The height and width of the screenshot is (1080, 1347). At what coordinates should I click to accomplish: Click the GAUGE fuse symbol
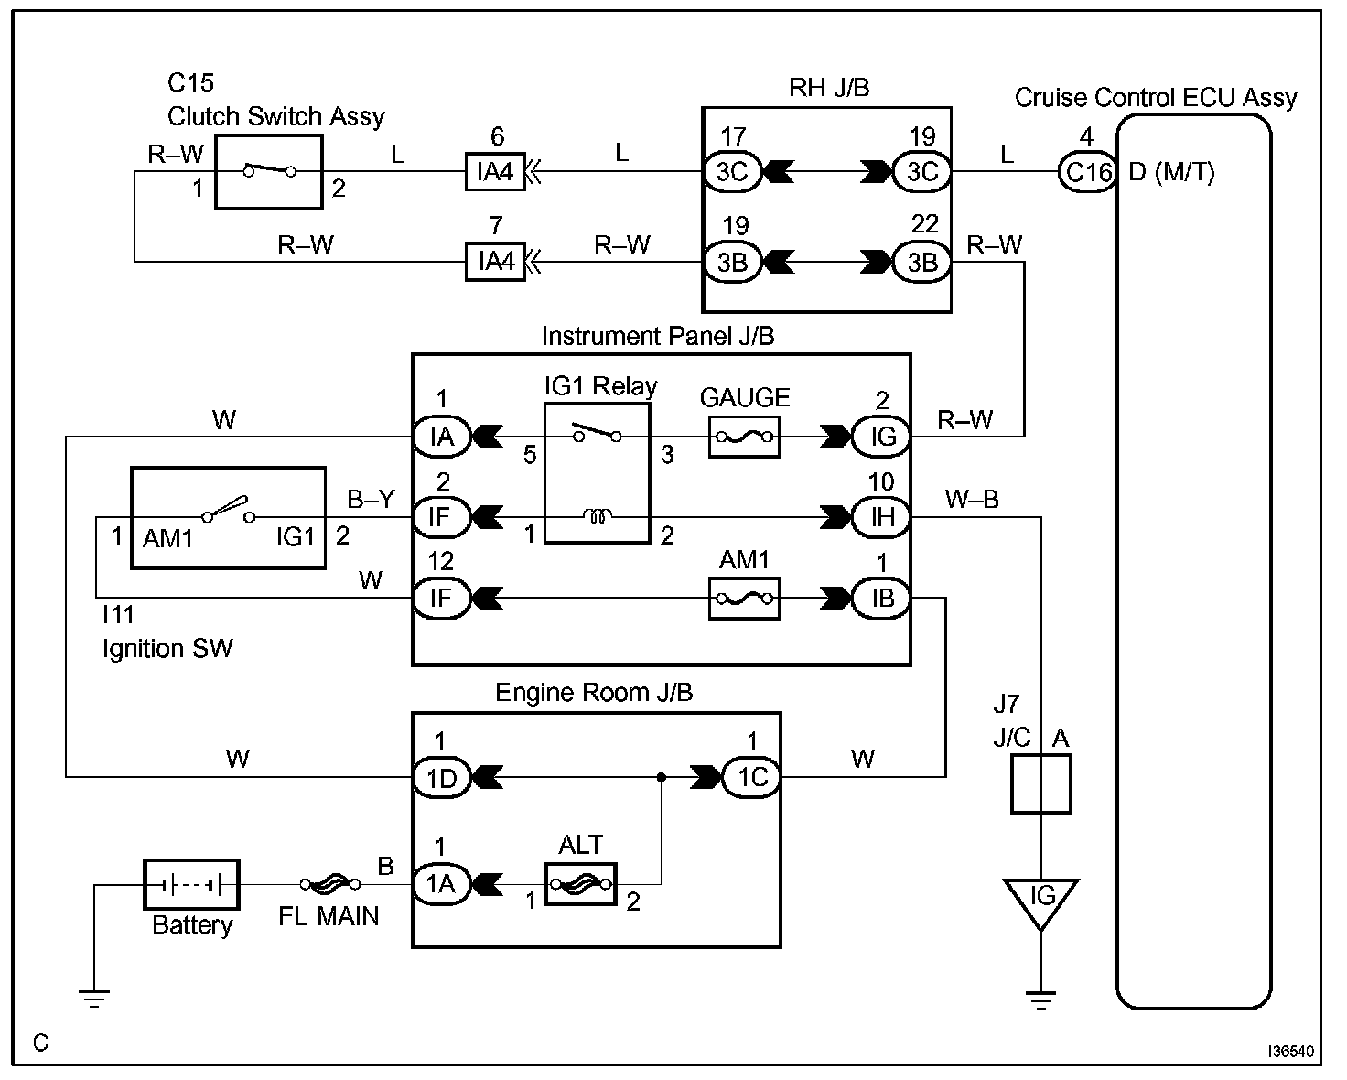(744, 437)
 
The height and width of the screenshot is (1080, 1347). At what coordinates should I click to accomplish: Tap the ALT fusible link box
(581, 884)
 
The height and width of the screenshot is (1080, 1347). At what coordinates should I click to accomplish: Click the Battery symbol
(191, 885)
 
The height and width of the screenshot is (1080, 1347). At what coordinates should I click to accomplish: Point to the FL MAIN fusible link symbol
(329, 884)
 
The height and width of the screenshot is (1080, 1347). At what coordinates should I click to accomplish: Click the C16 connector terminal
(1088, 171)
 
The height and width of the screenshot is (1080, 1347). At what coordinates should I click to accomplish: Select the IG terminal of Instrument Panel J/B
(881, 437)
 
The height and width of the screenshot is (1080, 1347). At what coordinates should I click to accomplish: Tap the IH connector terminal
(881, 517)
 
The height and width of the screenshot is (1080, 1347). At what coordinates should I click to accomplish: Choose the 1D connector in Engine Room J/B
(442, 778)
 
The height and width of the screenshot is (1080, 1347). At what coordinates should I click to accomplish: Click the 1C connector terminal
(752, 777)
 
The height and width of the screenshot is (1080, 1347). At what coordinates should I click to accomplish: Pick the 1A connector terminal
(442, 884)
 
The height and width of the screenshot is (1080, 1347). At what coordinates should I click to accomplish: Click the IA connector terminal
(442, 437)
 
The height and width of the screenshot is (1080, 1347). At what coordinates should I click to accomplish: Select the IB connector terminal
(881, 599)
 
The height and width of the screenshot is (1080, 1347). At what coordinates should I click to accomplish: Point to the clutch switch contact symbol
(270, 170)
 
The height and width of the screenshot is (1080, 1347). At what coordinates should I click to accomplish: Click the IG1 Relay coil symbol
(598, 516)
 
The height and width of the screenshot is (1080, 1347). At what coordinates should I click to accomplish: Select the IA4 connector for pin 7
(495, 261)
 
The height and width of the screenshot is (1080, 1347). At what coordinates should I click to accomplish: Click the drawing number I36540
(1290, 1052)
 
